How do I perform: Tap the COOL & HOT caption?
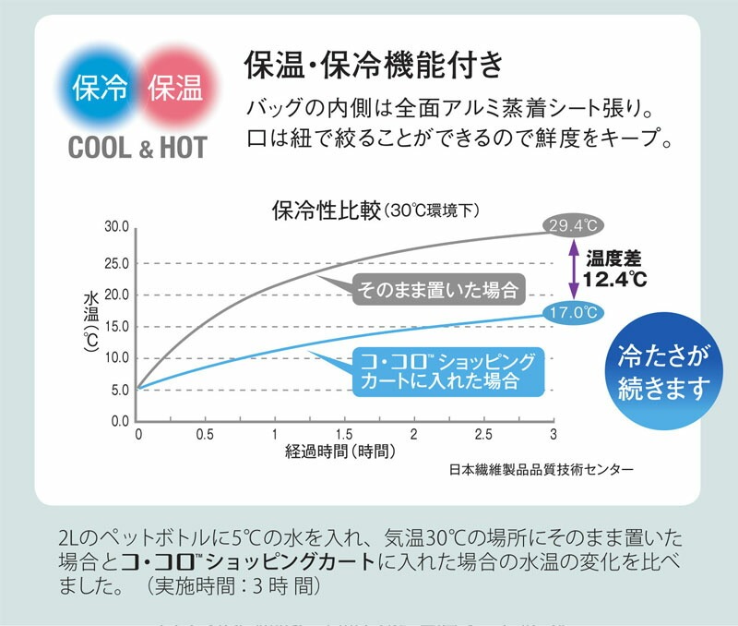click(x=137, y=148)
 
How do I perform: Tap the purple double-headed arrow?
click(x=572, y=269)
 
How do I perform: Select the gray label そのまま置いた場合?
click(x=437, y=289)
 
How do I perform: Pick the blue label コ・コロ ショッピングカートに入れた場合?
click(x=447, y=369)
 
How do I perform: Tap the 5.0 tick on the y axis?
click(x=118, y=390)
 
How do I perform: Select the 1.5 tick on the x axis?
click(x=343, y=434)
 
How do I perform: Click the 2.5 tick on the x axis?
click(x=483, y=434)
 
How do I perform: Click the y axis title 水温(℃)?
click(x=91, y=325)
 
